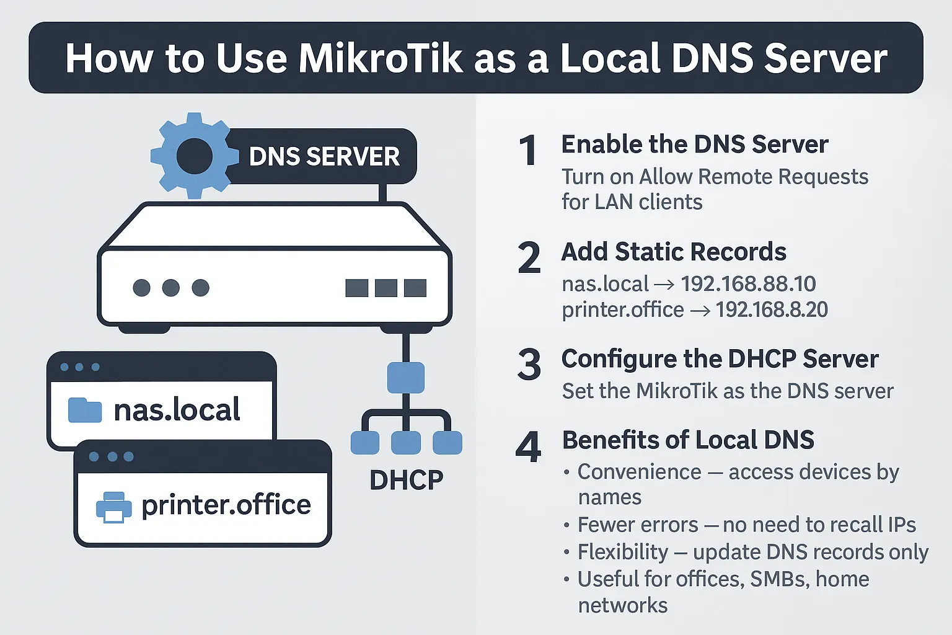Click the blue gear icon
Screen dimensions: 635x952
pyautogui.click(x=194, y=156)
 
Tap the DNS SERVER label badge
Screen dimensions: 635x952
pyautogui.click(x=324, y=157)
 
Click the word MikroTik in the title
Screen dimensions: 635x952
pyautogui.click(x=380, y=58)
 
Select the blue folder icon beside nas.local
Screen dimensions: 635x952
pyautogui.click(x=84, y=410)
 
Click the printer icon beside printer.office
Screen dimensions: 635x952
pyautogui.click(x=113, y=507)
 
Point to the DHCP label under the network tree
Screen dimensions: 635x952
pyautogui.click(x=406, y=479)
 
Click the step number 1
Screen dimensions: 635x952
pyautogui.click(x=527, y=151)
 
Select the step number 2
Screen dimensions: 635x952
pyautogui.click(x=529, y=258)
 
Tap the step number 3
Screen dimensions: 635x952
pyautogui.click(x=529, y=365)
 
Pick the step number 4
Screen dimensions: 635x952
pyautogui.click(x=528, y=447)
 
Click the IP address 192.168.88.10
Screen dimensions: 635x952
pyautogui.click(x=748, y=284)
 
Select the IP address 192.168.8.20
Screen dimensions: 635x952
pyautogui.click(x=772, y=309)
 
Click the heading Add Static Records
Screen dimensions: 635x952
pyautogui.click(x=674, y=252)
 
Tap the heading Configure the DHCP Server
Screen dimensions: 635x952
pyautogui.click(x=720, y=359)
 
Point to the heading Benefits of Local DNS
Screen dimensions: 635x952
pyautogui.click(x=688, y=440)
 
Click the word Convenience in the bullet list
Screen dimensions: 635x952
pyautogui.click(x=639, y=472)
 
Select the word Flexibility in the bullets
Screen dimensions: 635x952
pyautogui.click(x=623, y=551)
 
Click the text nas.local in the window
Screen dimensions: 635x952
pyautogui.click(x=177, y=410)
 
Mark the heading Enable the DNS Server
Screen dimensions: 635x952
pyautogui.click(x=694, y=144)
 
